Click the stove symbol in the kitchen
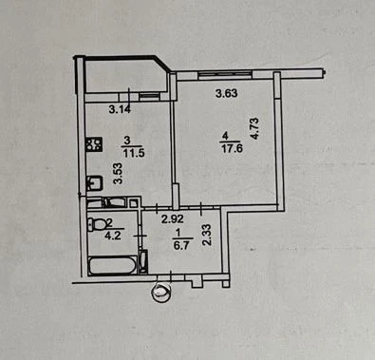(95, 143)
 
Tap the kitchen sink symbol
(95, 183)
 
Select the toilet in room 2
(98, 224)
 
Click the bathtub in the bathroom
(113, 265)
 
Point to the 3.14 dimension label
(120, 109)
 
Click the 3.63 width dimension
(226, 93)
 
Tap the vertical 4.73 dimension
(254, 129)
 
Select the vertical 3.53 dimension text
(119, 173)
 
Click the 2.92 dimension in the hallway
(173, 219)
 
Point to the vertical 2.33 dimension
(207, 235)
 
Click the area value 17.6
(233, 148)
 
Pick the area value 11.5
(134, 153)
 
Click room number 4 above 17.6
(225, 137)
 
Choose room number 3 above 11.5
(127, 140)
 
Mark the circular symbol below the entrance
(161, 292)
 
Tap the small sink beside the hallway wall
(144, 261)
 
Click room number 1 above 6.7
(178, 233)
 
